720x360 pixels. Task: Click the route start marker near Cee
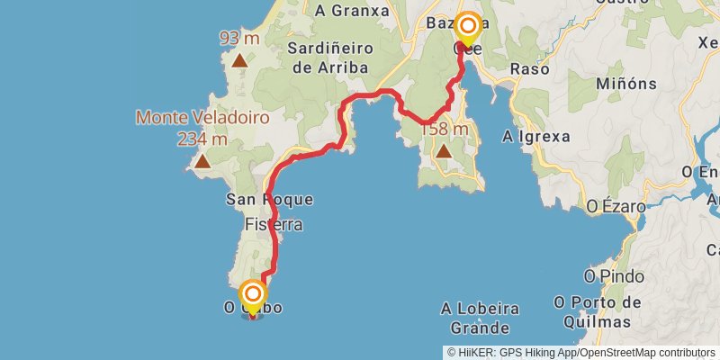(467, 26)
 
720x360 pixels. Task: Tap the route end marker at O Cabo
(253, 295)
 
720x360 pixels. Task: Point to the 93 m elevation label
(239, 38)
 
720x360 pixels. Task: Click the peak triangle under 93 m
(239, 61)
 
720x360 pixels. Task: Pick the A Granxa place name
(352, 11)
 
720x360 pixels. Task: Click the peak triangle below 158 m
(444, 152)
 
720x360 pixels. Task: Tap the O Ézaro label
(616, 206)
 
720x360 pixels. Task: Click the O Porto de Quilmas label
(598, 311)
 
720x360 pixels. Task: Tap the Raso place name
(529, 69)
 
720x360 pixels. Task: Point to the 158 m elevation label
(445, 129)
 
